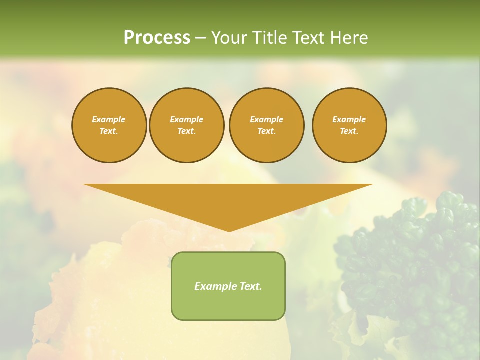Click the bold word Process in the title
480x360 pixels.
(x=157, y=38)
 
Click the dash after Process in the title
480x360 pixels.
(x=200, y=38)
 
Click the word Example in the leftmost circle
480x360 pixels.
(x=109, y=119)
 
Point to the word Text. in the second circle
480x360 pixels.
(x=187, y=131)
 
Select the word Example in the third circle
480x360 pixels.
(x=267, y=119)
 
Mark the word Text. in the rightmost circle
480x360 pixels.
(x=349, y=131)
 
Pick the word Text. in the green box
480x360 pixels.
(x=250, y=286)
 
